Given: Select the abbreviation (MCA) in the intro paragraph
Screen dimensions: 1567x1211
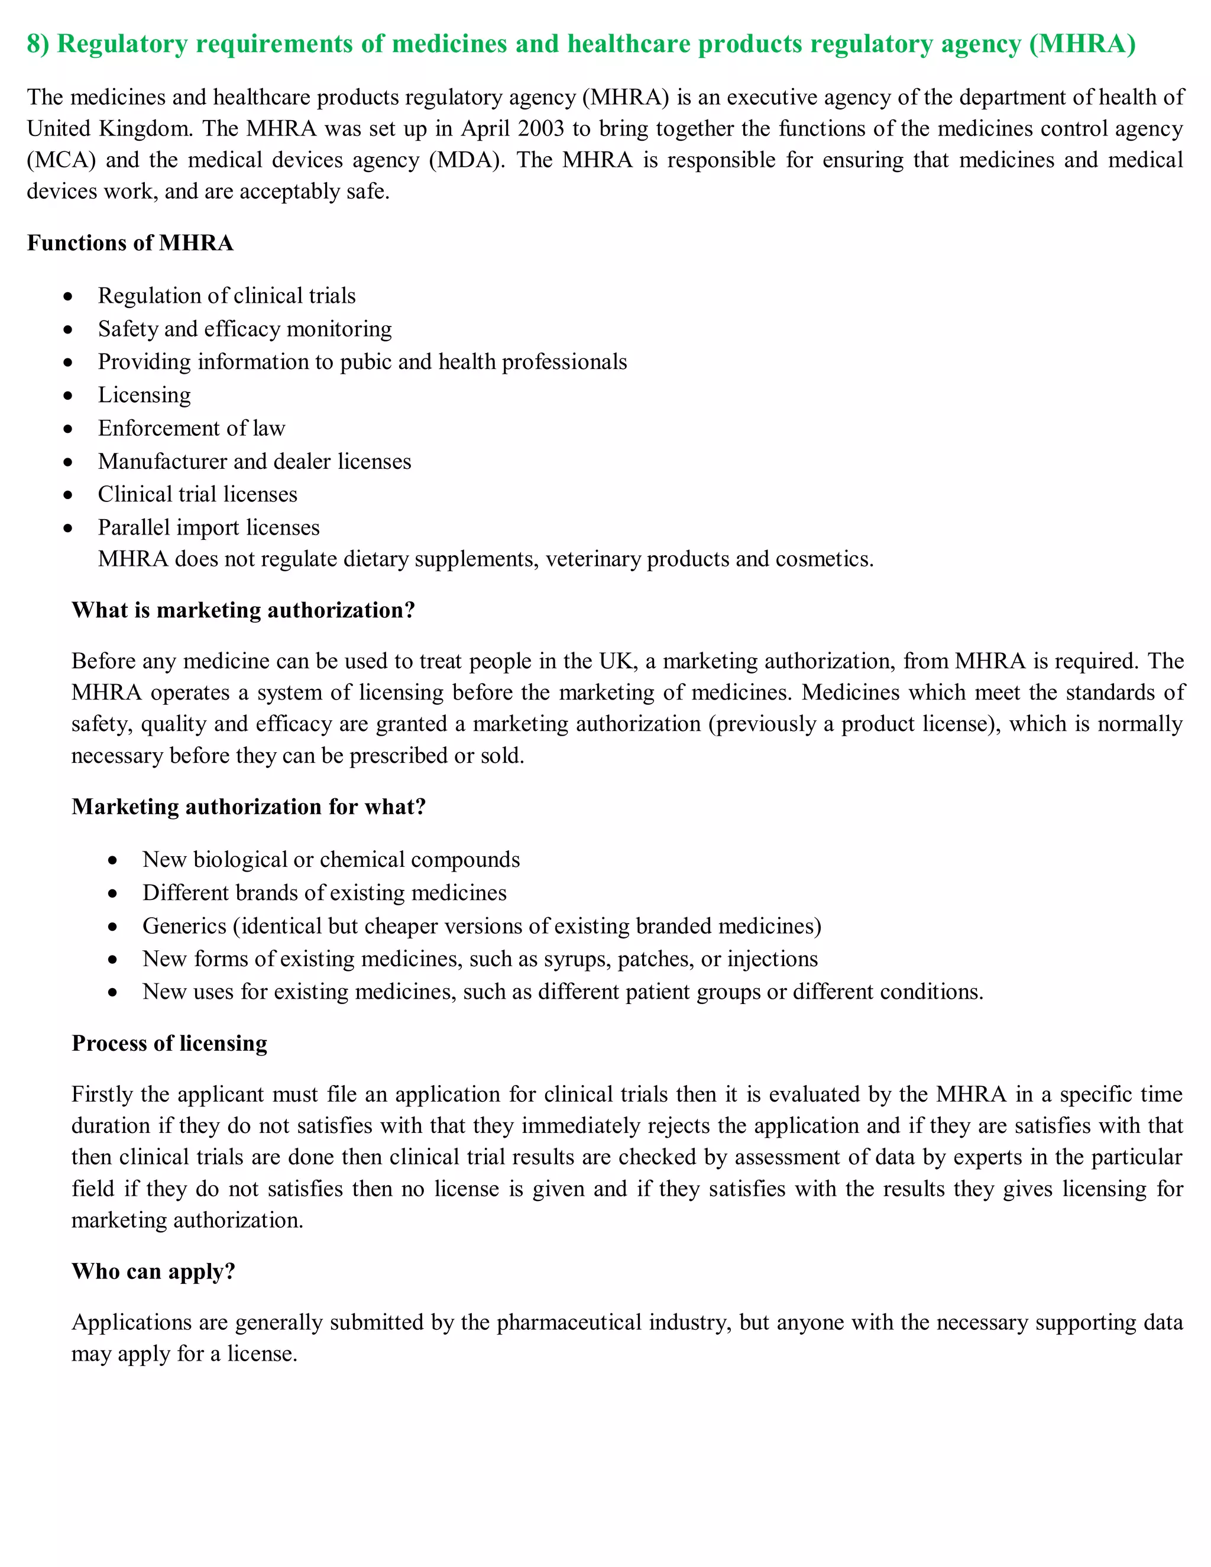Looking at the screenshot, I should click(61, 160).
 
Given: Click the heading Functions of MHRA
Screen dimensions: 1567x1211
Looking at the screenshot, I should click(130, 243).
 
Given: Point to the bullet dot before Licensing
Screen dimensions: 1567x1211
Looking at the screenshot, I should click(68, 396).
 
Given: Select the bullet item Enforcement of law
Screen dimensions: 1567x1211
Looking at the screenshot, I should click(192, 428).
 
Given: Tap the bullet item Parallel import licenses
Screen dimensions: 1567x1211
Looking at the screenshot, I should click(209, 527).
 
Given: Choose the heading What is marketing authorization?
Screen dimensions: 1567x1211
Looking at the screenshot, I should click(243, 611).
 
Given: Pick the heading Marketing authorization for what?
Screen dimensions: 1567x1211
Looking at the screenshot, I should click(249, 807).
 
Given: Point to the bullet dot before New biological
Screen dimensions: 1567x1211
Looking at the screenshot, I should click(112, 861).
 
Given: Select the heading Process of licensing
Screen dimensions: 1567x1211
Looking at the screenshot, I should click(169, 1043).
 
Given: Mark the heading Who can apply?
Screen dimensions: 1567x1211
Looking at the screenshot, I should click(154, 1271).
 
